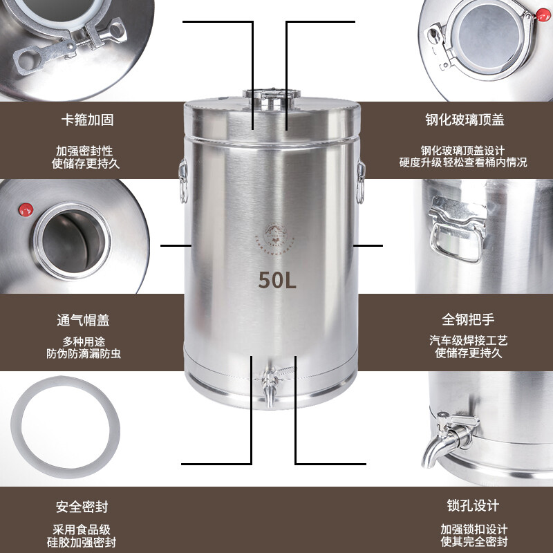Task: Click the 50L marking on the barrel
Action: pyautogui.click(x=277, y=280)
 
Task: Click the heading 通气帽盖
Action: pyautogui.click(x=83, y=320)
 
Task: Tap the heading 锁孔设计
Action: pyautogui.click(x=470, y=507)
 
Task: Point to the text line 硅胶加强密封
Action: pyautogui.click(x=86, y=542)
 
